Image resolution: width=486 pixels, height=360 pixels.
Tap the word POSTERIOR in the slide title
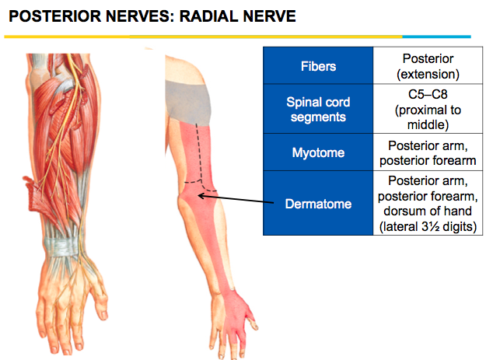49,16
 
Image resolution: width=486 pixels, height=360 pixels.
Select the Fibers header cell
318,67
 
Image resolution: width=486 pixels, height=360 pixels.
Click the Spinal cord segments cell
318,110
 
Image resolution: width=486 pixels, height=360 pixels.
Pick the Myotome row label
318,152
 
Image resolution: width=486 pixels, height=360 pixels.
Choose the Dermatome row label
318,204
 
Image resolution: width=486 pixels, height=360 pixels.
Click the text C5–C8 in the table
423,94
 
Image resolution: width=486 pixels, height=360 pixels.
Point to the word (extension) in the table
423,74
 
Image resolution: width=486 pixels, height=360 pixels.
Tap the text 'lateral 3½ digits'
423,227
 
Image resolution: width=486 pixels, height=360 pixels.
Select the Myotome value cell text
423,152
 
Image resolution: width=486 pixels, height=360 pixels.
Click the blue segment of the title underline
436,37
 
